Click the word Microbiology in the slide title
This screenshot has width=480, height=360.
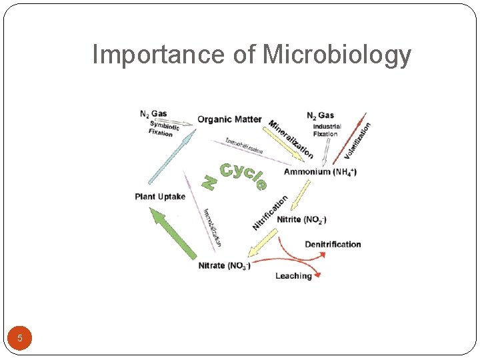[337, 55]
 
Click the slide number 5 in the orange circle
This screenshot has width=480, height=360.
[20, 339]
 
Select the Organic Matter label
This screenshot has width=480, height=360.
[229, 119]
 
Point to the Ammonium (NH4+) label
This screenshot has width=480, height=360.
[320, 172]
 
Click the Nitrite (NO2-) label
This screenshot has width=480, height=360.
[301, 219]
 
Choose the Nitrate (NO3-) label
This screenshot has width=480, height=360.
[225, 266]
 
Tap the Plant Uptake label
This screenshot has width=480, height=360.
[160, 197]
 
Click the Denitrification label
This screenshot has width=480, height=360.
[333, 245]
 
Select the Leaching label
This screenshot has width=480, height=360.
[293, 276]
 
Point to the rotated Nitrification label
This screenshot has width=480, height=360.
[270, 212]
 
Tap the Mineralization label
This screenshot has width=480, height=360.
[291, 139]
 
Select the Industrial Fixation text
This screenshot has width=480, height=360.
[327, 130]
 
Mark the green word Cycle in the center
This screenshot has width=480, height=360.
[243, 175]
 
